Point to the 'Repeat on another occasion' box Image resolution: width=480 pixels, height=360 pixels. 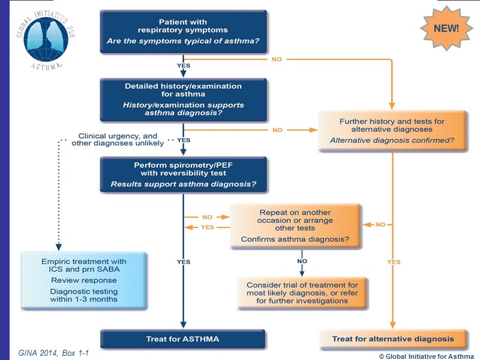295,226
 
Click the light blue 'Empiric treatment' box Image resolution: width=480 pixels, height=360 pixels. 83,280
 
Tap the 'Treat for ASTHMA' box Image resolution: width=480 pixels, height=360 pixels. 183,339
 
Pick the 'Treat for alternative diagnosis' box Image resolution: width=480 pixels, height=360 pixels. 393,339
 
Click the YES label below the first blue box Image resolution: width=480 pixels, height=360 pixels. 184,65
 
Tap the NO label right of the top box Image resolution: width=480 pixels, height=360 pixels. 277,59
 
